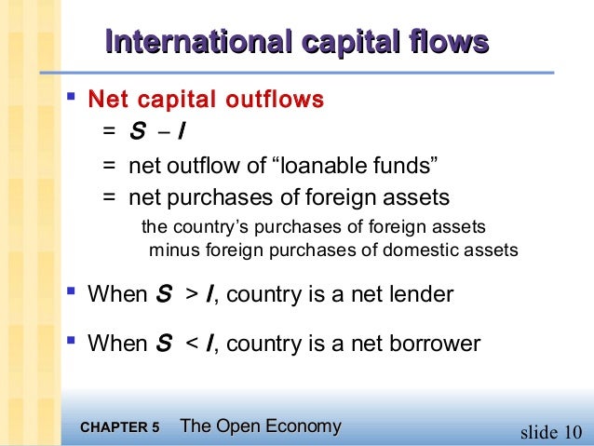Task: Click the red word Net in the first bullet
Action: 105,99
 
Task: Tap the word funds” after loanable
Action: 405,166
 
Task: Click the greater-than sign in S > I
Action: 191,296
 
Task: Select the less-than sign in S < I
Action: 191,344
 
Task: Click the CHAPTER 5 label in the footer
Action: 120,428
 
